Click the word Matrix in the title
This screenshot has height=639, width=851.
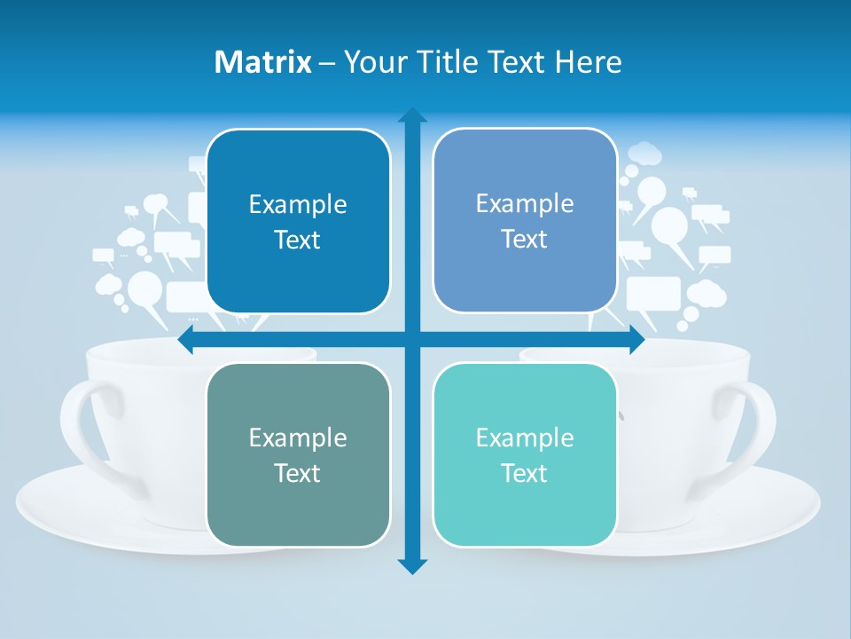click(x=263, y=62)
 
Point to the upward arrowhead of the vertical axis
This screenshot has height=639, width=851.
click(x=412, y=115)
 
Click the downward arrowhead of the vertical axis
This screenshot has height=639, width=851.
click(x=412, y=566)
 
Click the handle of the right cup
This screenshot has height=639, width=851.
click(x=761, y=426)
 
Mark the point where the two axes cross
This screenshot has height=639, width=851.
click(x=412, y=339)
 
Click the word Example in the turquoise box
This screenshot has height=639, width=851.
click(x=525, y=438)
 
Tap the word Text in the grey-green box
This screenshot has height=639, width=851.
click(x=298, y=473)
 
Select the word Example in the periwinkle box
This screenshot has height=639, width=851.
click(x=525, y=203)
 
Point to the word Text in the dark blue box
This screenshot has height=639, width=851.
click(x=298, y=240)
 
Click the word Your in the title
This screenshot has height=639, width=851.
click(x=372, y=62)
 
